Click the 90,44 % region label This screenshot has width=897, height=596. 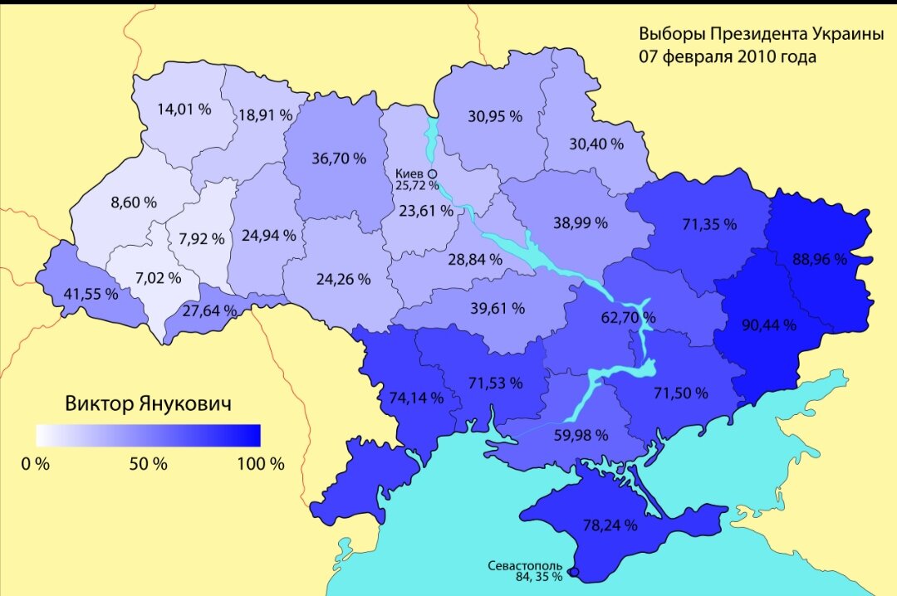tap(768, 325)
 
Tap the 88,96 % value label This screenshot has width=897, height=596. tap(819, 259)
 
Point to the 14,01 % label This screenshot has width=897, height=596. tap(183, 108)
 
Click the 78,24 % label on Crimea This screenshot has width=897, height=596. tap(610, 525)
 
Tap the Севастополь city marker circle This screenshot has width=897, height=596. tap(574, 572)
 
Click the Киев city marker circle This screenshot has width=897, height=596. tap(433, 173)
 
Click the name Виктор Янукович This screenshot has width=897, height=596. tap(148, 404)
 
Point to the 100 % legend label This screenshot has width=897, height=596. tap(260, 463)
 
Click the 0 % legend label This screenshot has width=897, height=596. tap(36, 463)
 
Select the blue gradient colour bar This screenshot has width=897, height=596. tap(148, 436)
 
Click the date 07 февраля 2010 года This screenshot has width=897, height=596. tap(727, 57)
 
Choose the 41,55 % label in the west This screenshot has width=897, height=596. tap(91, 294)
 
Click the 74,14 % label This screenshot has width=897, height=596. tap(416, 397)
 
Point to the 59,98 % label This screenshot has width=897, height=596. tap(581, 434)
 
